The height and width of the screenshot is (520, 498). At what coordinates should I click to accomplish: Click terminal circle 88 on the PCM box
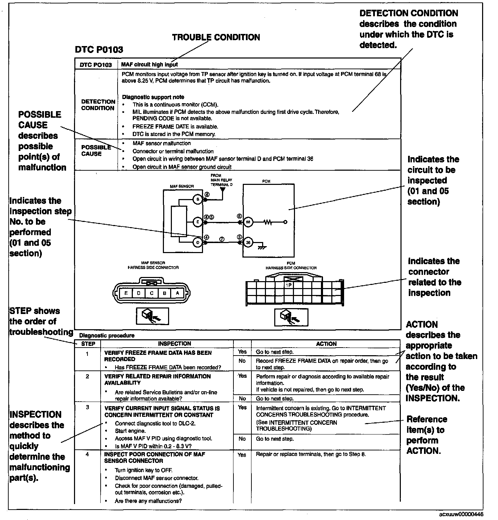pos(248,222)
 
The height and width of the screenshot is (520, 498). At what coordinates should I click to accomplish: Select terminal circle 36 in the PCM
pos(248,243)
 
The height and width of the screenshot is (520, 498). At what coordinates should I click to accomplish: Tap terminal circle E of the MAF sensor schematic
pos(197,222)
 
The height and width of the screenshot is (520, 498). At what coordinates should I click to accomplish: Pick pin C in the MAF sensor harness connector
pos(151,293)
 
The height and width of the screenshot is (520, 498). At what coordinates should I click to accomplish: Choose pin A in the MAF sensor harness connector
pos(177,293)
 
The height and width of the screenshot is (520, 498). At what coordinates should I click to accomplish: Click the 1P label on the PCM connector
pos(288,285)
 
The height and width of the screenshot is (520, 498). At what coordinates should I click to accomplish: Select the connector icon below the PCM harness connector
pos(291,316)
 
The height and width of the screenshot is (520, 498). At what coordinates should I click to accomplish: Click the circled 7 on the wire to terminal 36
pos(222,239)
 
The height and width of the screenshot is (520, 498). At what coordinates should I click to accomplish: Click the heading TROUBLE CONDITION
pos(216,37)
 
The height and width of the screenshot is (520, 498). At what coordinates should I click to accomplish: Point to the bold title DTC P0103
pos(99,50)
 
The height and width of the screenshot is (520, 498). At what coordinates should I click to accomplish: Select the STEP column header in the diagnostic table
pos(88,344)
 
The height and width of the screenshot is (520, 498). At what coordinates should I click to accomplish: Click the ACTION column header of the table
pos(326,344)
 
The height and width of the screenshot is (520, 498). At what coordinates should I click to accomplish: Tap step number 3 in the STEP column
pos(87,407)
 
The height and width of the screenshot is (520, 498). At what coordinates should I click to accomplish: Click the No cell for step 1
pos(242,361)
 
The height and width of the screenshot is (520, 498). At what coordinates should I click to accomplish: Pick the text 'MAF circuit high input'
pos(149,64)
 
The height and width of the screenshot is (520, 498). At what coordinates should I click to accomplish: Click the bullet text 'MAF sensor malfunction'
pos(162,143)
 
